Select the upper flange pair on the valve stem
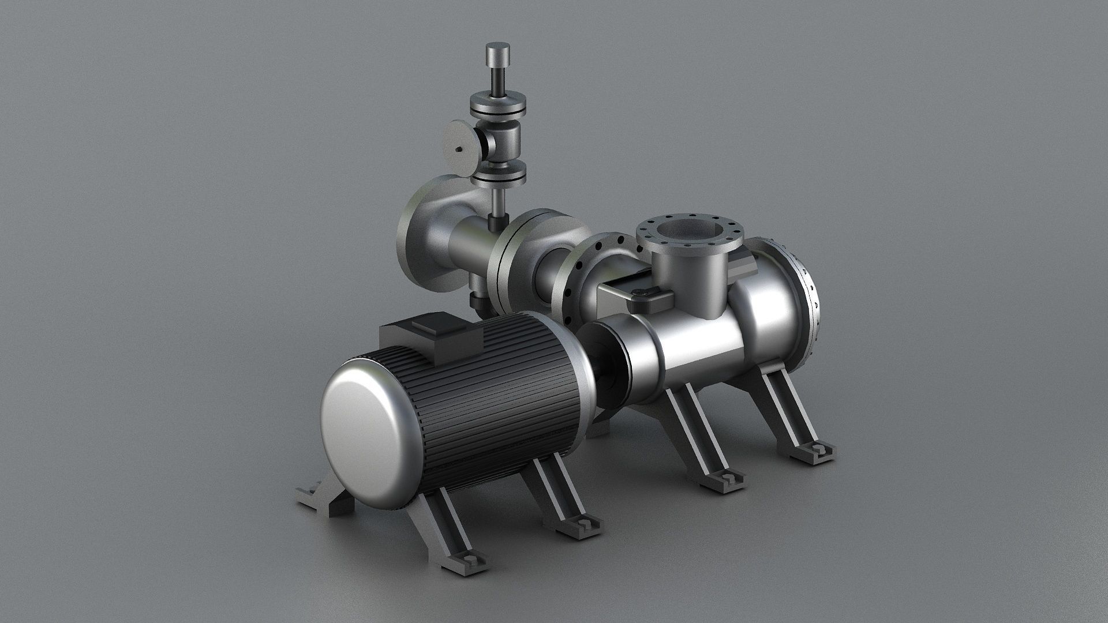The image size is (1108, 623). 497,106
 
